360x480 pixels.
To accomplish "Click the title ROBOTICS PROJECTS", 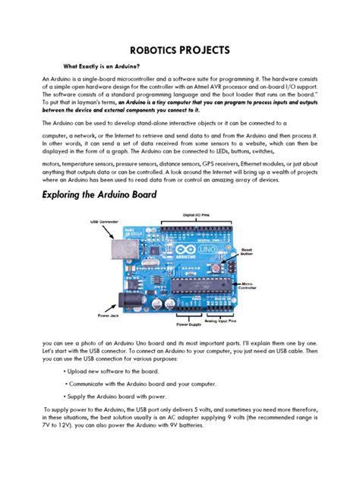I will (180, 51).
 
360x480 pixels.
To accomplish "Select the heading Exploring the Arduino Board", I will (110, 195).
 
